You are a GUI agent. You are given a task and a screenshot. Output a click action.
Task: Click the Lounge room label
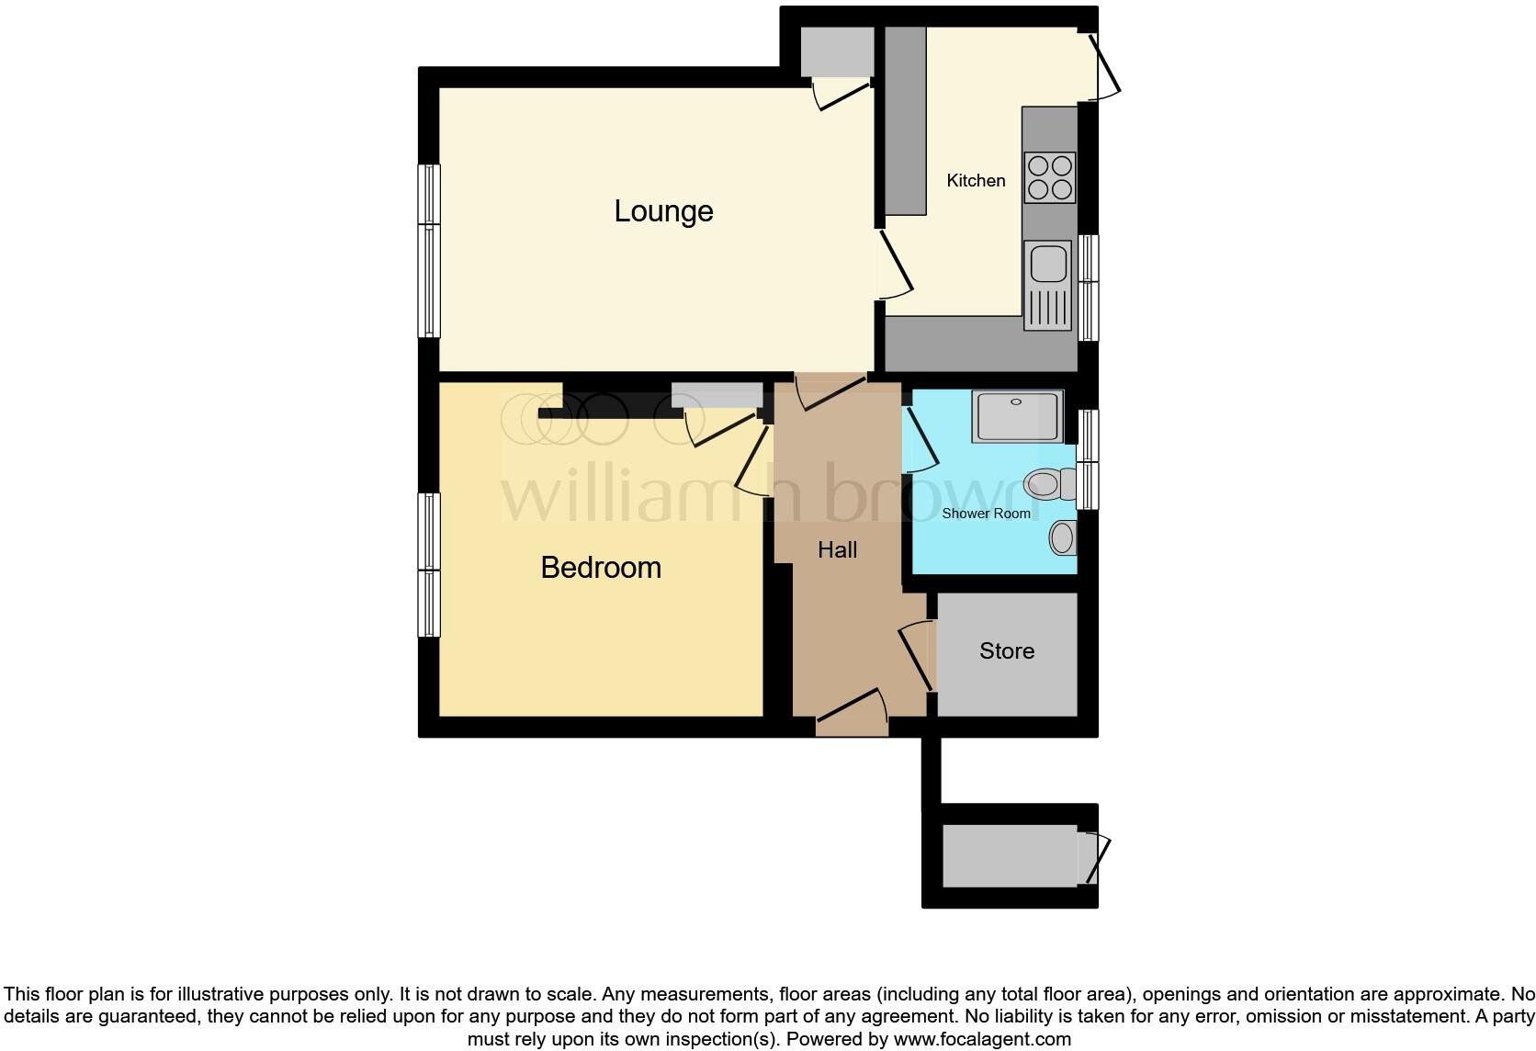click(x=663, y=211)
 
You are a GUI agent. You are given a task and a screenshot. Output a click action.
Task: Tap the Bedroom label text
click(x=601, y=568)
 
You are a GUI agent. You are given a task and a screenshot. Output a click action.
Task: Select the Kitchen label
click(x=976, y=181)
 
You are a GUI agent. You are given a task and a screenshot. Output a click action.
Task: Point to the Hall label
click(x=837, y=550)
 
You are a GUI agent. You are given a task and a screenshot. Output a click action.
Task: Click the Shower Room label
click(x=986, y=514)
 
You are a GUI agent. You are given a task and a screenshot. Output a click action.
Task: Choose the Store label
click(x=1007, y=651)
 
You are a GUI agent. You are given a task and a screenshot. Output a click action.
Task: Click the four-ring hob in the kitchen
click(x=1050, y=177)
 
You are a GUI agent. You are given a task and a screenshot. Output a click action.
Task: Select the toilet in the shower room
click(x=1047, y=483)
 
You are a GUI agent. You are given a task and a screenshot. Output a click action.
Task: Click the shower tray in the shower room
click(x=1018, y=416)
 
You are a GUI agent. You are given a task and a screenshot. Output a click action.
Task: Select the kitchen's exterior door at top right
click(x=1105, y=64)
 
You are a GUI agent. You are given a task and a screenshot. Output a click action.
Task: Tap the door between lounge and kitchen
click(x=894, y=265)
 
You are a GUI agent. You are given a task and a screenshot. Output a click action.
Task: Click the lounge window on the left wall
click(x=429, y=251)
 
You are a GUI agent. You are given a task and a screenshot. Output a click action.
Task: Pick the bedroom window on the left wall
click(x=429, y=565)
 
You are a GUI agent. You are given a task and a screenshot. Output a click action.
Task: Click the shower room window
click(x=1088, y=459)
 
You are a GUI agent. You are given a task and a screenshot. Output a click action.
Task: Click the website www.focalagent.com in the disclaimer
click(x=982, y=1040)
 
